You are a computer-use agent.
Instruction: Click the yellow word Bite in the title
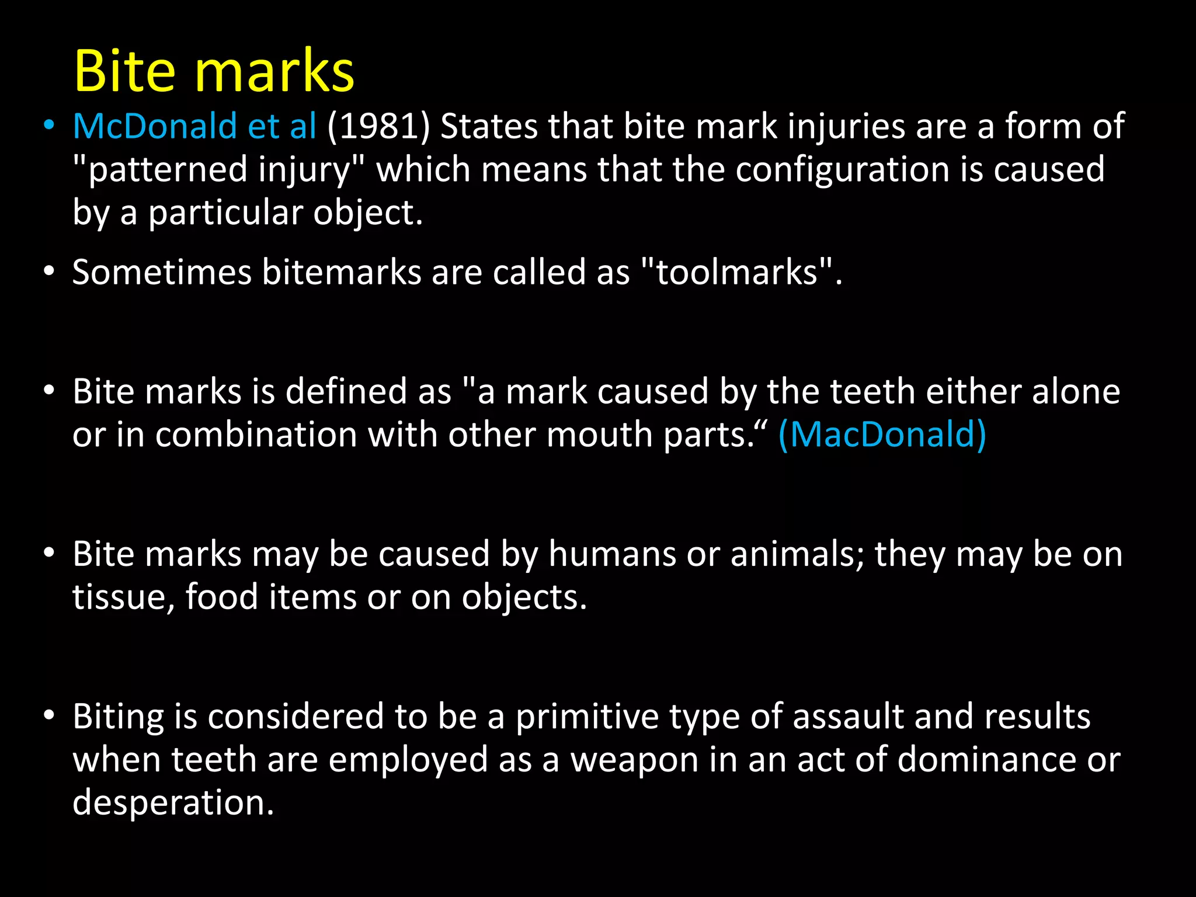(124, 71)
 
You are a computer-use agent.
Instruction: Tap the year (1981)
(378, 126)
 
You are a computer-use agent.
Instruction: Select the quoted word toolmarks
(736, 272)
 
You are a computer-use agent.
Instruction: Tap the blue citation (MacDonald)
(882, 435)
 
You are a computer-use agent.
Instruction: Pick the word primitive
(587, 717)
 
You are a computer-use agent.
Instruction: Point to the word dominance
(986, 760)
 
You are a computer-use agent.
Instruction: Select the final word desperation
(173, 803)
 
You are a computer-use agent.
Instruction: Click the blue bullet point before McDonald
(49, 126)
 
